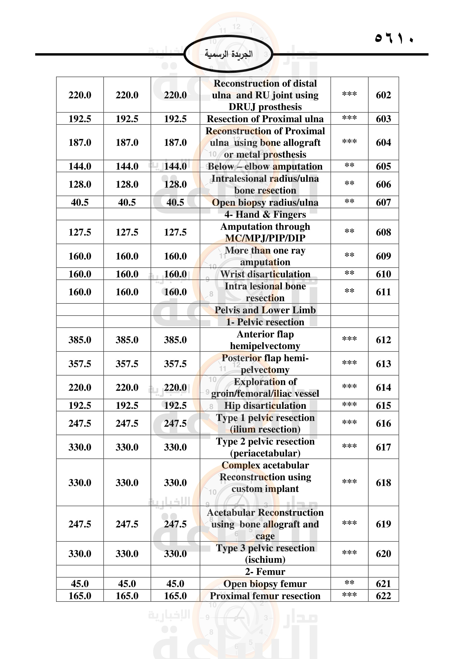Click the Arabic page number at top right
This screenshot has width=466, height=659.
click(x=394, y=38)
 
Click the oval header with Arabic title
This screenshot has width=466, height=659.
click(x=228, y=54)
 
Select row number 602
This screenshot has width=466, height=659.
click(x=383, y=95)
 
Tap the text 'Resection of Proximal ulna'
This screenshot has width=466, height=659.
click(x=265, y=119)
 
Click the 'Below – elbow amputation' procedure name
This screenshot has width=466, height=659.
click(x=265, y=167)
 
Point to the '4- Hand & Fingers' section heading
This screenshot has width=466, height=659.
click(x=265, y=214)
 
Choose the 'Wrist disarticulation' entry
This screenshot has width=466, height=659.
click(x=265, y=274)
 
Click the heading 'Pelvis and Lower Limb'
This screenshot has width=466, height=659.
click(x=265, y=310)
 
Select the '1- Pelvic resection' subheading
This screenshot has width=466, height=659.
click(x=265, y=322)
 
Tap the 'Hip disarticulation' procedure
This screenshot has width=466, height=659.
click(x=265, y=405)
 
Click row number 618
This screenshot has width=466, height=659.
click(x=383, y=482)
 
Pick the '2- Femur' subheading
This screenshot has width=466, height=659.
click(x=265, y=571)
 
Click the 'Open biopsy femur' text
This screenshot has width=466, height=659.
click(x=265, y=583)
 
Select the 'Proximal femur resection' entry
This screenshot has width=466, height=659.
click(x=265, y=596)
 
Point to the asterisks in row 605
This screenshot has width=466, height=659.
click(x=349, y=166)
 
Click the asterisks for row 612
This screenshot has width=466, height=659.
click(x=349, y=339)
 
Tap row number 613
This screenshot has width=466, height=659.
click(x=383, y=364)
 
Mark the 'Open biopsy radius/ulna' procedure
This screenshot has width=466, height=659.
click(x=265, y=203)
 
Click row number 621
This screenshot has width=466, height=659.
click(x=383, y=583)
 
